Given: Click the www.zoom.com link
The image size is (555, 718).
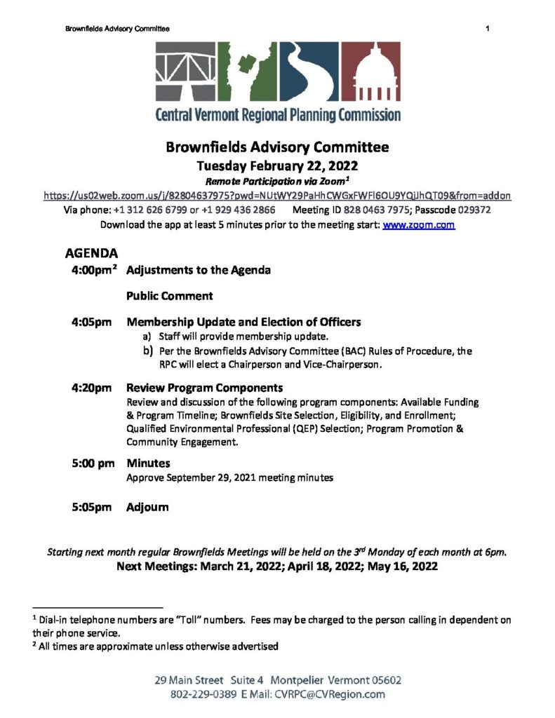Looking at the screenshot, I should [418, 226].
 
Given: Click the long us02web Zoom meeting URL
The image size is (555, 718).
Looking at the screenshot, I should [277, 196].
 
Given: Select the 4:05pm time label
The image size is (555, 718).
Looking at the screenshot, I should [91, 323].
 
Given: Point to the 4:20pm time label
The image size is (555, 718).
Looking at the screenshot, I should [91, 388].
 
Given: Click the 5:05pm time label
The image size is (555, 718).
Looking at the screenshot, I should [91, 507].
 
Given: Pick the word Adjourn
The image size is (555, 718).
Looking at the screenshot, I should [147, 507].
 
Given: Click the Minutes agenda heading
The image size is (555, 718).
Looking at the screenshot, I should [148, 463].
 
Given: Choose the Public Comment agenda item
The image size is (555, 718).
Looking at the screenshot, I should [170, 296].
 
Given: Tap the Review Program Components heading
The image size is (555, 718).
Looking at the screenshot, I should [204, 388].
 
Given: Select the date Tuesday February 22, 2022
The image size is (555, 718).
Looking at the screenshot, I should [277, 166].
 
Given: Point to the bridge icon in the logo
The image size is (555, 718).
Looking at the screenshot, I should [185, 71].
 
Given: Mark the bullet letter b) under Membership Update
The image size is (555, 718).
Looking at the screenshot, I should [147, 351].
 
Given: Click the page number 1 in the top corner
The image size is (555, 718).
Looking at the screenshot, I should [486, 29].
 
